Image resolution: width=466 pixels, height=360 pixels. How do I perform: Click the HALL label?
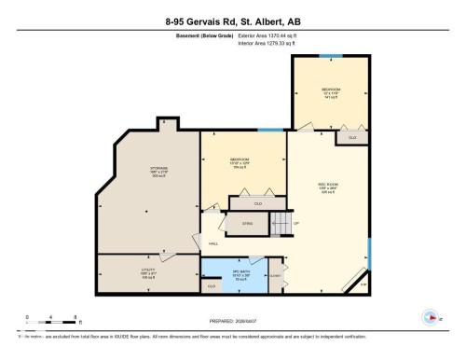pyautogui.click(x=213, y=244)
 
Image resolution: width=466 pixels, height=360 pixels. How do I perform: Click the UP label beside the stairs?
pyautogui.click(x=296, y=224)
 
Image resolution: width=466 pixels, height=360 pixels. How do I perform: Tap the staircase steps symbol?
pyautogui.click(x=281, y=224)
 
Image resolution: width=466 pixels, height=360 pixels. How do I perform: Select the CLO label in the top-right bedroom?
pyautogui.click(x=351, y=138)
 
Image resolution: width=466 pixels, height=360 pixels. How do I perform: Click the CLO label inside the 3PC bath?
pyautogui.click(x=212, y=286)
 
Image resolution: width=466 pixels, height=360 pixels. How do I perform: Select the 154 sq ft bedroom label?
pyautogui.click(x=240, y=161)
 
